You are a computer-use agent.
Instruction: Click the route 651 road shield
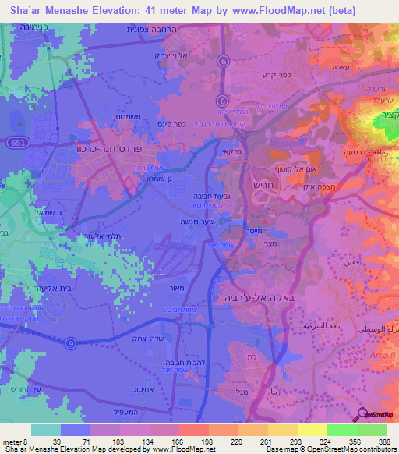16,143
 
